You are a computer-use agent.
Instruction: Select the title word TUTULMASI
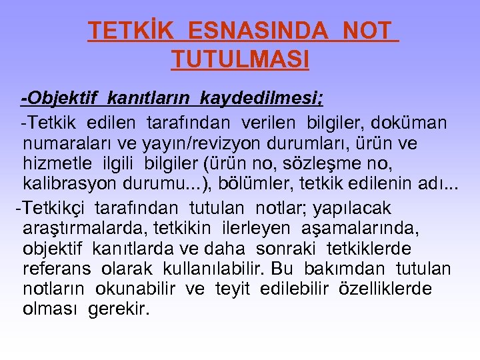click(240, 61)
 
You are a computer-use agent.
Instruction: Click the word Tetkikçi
click(54, 208)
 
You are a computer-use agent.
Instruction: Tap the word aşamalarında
click(358, 228)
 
